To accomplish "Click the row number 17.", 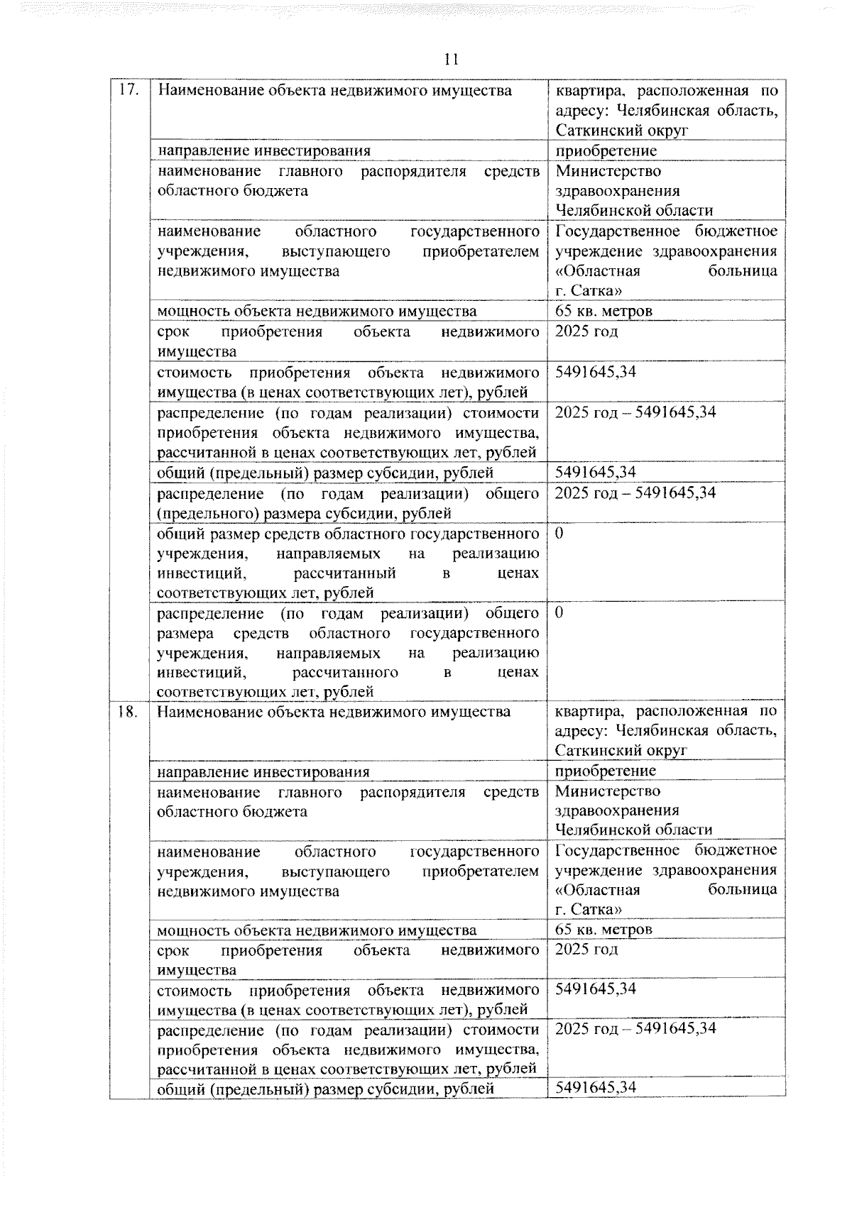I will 128,91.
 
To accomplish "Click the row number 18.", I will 128,712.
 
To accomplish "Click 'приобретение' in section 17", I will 606,150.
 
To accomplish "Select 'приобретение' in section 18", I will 605,771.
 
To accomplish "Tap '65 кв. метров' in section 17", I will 603,311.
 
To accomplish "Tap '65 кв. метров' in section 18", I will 603,930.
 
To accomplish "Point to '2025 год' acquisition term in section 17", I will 586,331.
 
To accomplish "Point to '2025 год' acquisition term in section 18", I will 586,950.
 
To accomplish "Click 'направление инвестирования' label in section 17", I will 263,150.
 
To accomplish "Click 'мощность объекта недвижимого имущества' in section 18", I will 317,930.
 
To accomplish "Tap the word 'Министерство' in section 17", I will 608,171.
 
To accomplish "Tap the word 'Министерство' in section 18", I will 608,791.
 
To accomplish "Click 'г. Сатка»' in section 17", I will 589,290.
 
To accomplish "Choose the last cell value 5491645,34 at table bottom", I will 595,1088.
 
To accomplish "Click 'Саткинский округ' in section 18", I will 621,751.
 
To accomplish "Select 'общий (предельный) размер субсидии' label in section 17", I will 325,473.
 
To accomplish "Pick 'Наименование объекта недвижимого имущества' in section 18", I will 334,712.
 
